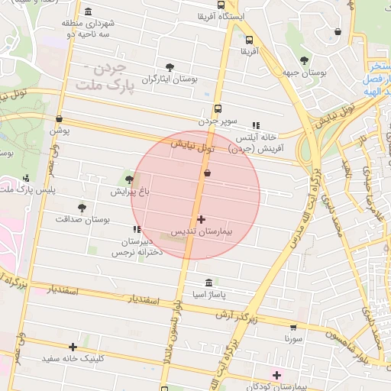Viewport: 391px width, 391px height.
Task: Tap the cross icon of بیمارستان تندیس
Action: pyautogui.click(x=202, y=219)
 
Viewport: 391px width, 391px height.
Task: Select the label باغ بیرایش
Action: pyautogui.click(x=128, y=192)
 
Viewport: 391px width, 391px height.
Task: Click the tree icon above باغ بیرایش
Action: pyautogui.click(x=129, y=180)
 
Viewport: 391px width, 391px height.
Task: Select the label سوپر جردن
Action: pyautogui.click(x=219, y=120)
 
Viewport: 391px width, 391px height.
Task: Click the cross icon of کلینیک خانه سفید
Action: pyautogui.click(x=73, y=346)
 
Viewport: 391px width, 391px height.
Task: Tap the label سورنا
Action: pyautogui.click(x=295, y=337)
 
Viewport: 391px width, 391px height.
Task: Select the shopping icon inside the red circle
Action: pyautogui.click(x=208, y=173)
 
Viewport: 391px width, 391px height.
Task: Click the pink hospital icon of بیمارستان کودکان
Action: pyautogui.click(x=276, y=374)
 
